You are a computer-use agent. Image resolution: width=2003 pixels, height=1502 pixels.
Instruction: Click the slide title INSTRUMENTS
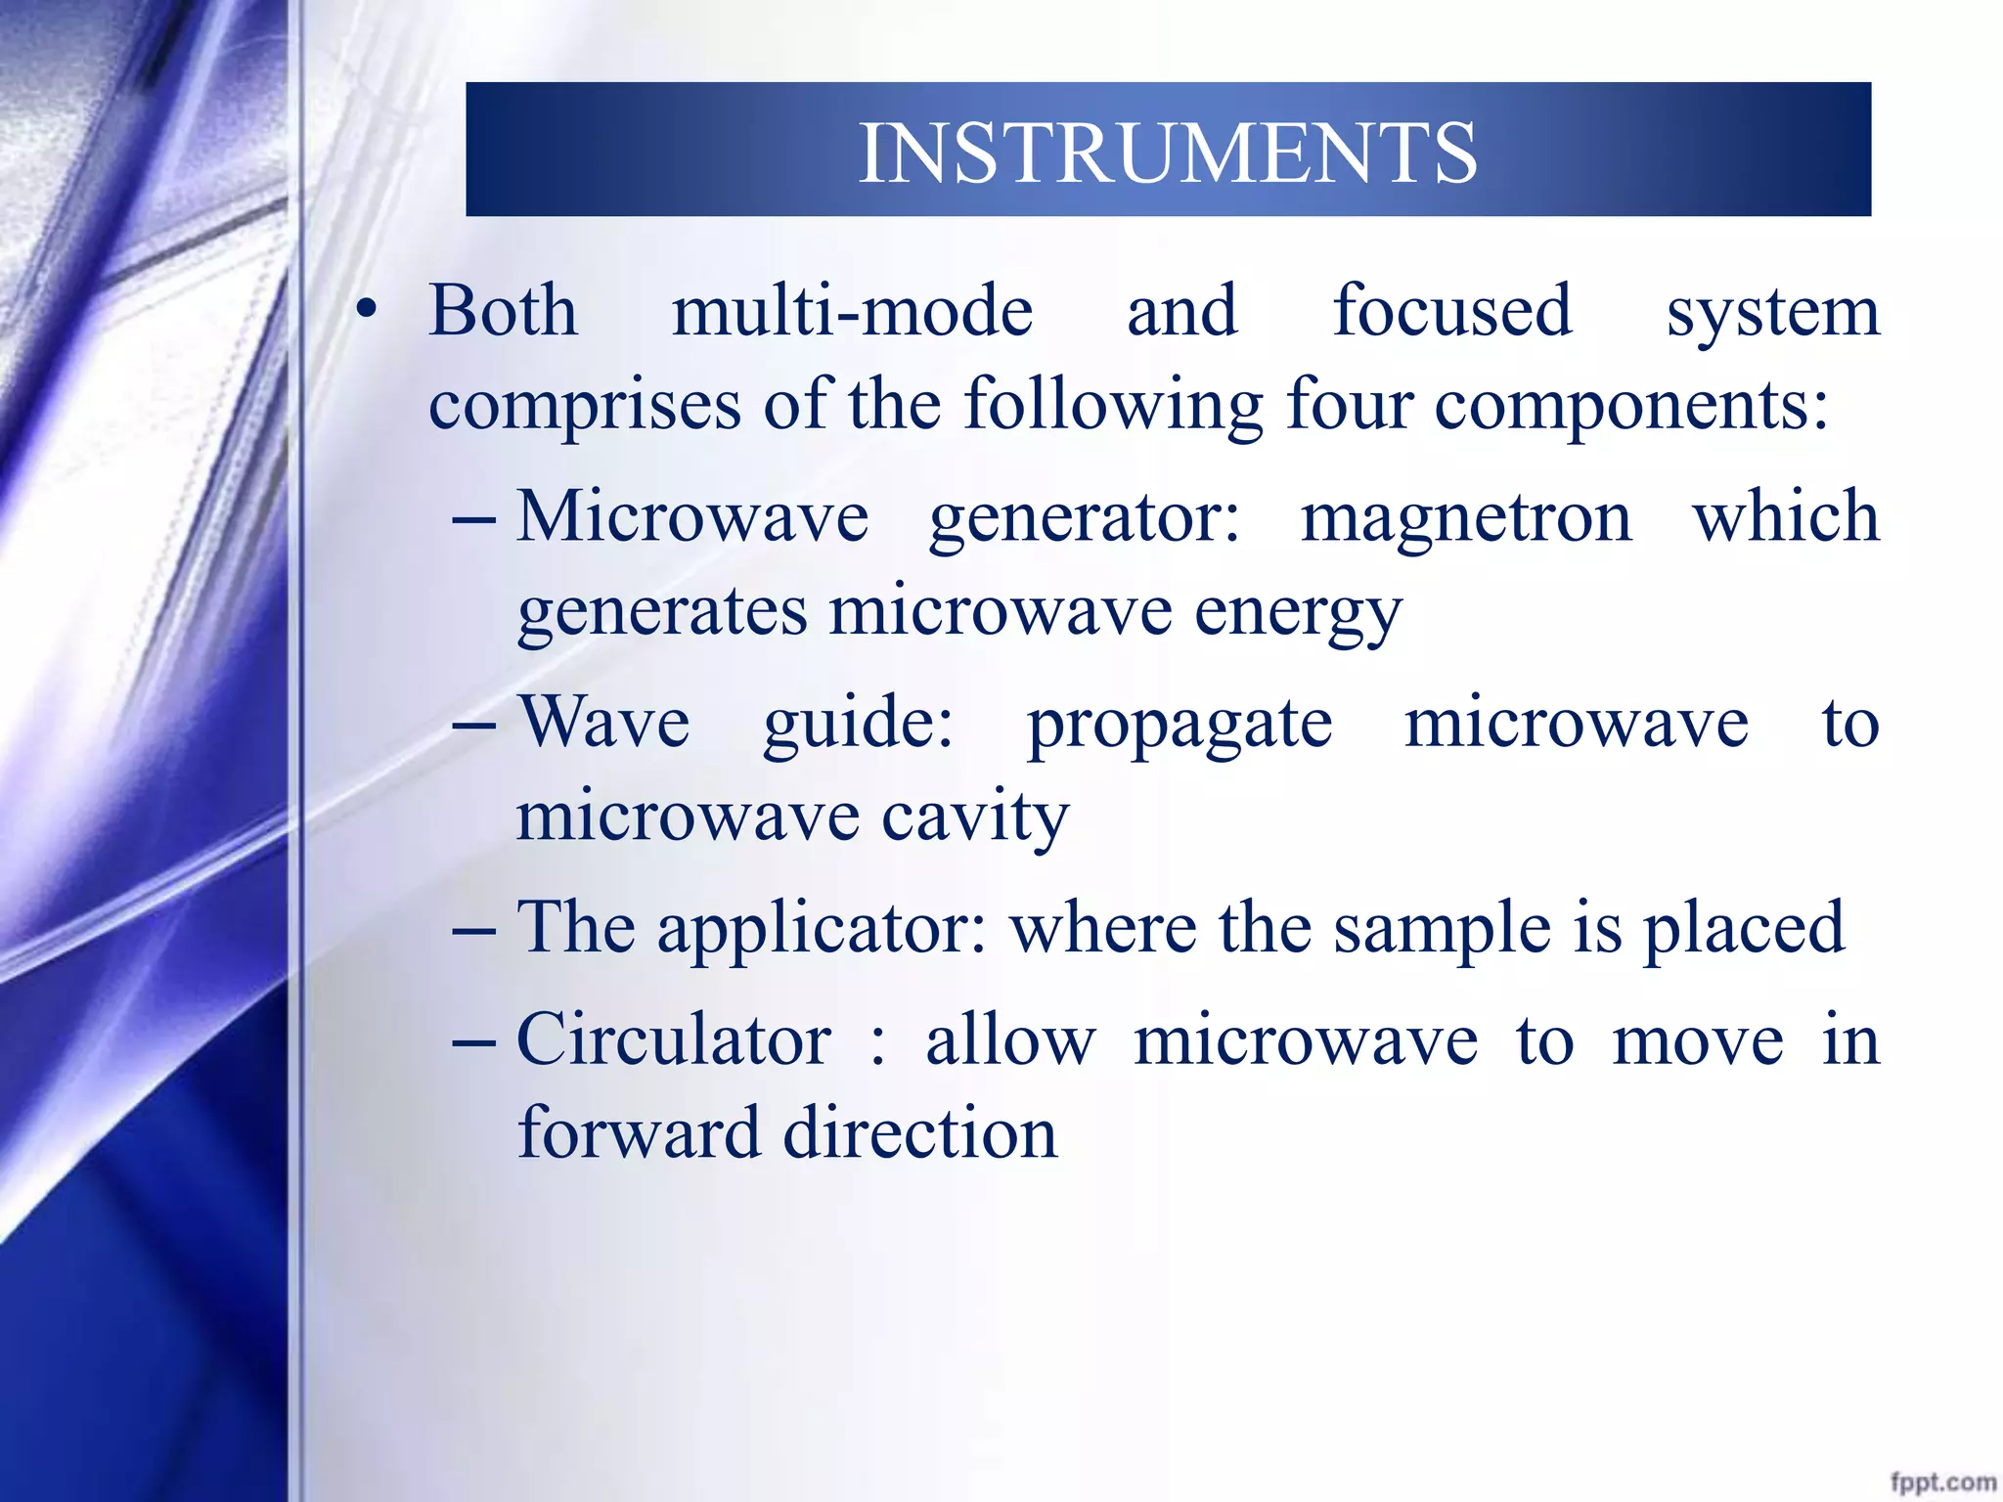click(1167, 153)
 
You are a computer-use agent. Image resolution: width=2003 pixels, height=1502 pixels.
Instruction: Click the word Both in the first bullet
click(503, 311)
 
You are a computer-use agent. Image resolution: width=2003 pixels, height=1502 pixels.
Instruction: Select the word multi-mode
click(852, 311)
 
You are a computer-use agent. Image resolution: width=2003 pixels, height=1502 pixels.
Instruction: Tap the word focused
click(1452, 311)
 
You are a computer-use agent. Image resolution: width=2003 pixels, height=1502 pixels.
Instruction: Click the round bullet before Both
click(366, 311)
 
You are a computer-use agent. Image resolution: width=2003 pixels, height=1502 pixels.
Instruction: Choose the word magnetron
click(1466, 517)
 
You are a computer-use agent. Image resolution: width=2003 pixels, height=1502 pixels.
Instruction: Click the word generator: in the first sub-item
click(1084, 519)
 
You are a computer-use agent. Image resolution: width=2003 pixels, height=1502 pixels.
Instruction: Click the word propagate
click(1179, 727)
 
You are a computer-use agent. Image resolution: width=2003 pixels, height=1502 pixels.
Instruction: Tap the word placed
click(1743, 929)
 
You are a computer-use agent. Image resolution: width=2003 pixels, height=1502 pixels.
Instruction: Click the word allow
click(1010, 1039)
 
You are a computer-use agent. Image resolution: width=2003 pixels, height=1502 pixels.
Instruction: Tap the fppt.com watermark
click(1941, 1481)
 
